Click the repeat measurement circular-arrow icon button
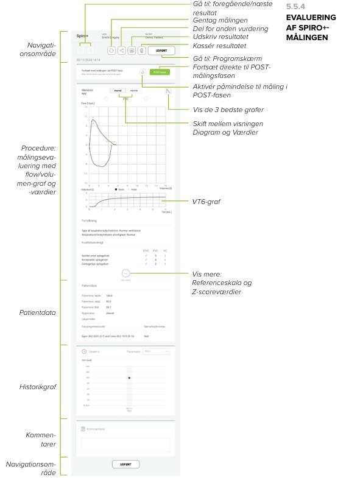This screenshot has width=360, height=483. [x=111, y=51]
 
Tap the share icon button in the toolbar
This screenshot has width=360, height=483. [x=121, y=51]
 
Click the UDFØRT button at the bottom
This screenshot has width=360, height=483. [x=125, y=464]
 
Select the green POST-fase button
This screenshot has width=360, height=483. [x=160, y=71]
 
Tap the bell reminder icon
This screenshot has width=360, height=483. [x=142, y=71]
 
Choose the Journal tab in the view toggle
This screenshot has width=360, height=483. [x=118, y=90]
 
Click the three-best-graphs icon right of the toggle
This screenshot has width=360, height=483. [x=169, y=91]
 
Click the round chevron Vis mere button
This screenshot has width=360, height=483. [x=125, y=274]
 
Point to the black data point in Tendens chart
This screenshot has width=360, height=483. [x=129, y=378]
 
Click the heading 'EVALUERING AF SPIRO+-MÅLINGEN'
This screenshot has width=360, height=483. [x=310, y=27]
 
